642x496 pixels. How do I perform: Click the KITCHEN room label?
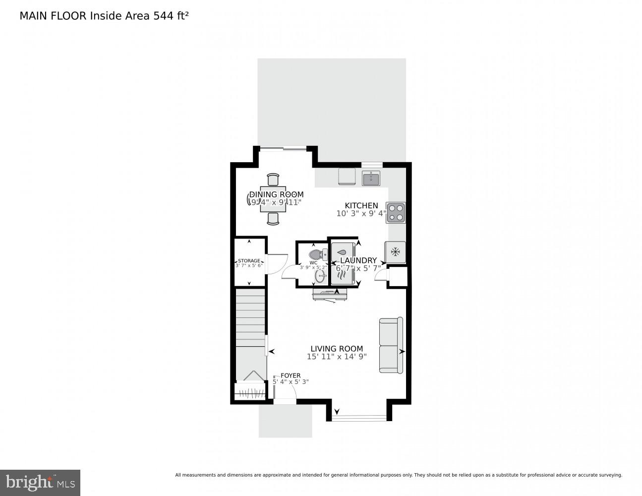361,205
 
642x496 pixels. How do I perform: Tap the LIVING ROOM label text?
337,349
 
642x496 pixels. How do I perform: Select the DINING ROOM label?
276,194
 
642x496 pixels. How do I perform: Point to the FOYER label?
291,375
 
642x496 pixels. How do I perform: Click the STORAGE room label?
249,261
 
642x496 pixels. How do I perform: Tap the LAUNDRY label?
358,260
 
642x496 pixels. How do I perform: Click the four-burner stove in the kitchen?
396,212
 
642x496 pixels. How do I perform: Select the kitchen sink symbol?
371,178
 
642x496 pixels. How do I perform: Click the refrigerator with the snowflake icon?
395,252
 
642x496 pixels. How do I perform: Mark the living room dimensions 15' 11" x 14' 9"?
337,357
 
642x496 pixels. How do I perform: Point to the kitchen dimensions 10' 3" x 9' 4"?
361,214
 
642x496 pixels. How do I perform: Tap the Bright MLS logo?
40,482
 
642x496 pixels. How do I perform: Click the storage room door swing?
277,263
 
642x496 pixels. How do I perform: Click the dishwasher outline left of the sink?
347,176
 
